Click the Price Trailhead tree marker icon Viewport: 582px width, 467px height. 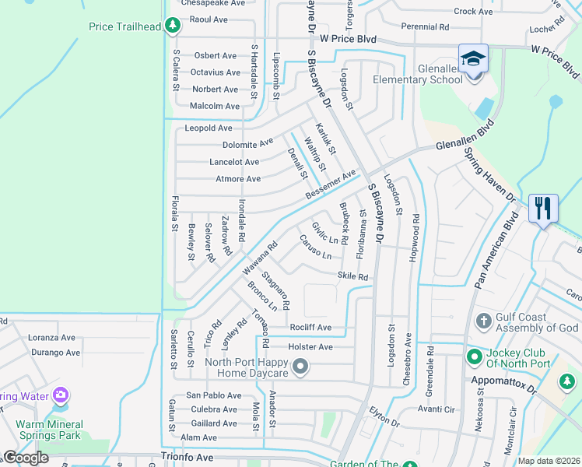click(173, 26)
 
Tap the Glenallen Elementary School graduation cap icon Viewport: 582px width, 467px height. click(473, 59)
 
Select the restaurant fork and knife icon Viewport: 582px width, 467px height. click(542, 208)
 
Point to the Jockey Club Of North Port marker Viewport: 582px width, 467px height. click(473, 357)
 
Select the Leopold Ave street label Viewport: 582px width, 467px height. click(209, 128)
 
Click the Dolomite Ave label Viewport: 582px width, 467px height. click(247, 143)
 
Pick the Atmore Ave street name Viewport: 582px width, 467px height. click(237, 179)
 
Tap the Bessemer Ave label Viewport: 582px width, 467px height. click(330, 184)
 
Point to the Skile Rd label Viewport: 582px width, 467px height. click(352, 276)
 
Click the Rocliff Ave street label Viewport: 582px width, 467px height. click(310, 328)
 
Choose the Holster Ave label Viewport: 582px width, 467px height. click(310, 346)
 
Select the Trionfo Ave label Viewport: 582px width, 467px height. click(187, 458)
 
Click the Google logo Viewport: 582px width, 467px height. click(26, 458)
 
